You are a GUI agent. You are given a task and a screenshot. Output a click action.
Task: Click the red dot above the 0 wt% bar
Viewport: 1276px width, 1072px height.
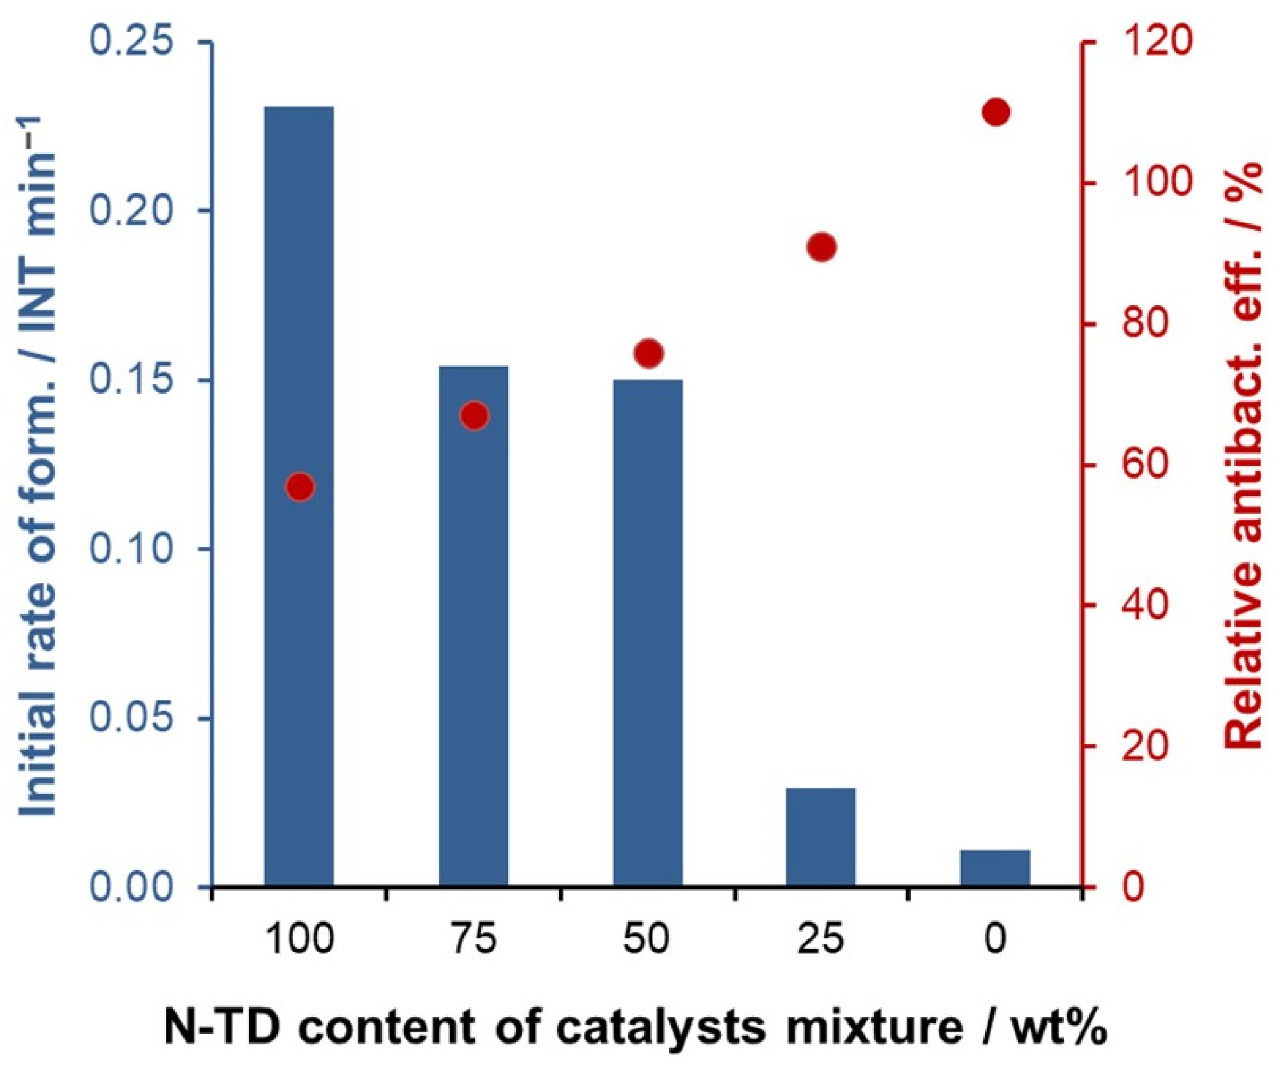995,112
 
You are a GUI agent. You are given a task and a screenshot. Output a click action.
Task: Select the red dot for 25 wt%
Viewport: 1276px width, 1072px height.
821,248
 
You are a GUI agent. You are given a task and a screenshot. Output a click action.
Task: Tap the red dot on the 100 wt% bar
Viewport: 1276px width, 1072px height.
299,487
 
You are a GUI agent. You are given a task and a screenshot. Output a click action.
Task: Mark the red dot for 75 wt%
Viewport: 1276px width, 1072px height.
473,417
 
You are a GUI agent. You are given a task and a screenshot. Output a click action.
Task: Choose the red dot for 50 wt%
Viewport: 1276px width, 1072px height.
648,354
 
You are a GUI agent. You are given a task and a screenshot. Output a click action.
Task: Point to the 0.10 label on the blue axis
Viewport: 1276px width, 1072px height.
132,549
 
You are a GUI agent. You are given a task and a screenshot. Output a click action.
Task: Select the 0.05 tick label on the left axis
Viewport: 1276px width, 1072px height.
132,719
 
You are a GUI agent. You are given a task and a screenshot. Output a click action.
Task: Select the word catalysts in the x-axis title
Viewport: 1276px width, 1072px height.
661,1027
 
